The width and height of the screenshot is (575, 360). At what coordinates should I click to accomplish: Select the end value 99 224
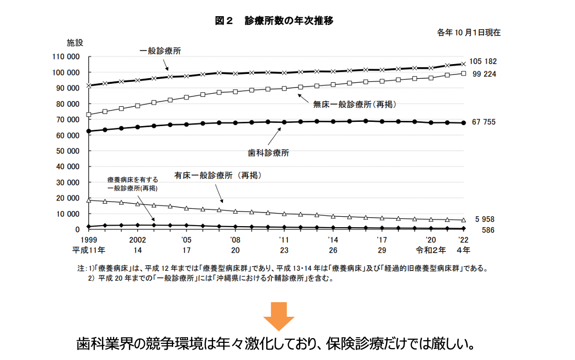pyautogui.click(x=484, y=74)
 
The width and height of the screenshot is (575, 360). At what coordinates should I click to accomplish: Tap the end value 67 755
pyautogui.click(x=484, y=122)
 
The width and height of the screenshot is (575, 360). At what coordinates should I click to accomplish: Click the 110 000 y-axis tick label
pyautogui.click(x=66, y=57)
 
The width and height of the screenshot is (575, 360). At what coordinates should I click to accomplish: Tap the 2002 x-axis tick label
pyautogui.click(x=137, y=240)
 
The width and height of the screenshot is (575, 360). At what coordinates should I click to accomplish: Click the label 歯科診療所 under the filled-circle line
pyautogui.click(x=269, y=153)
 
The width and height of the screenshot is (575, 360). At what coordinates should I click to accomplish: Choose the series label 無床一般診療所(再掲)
pyautogui.click(x=355, y=104)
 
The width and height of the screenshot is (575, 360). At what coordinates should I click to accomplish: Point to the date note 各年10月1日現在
pyautogui.click(x=469, y=32)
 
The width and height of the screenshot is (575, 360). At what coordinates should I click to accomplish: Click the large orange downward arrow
pyautogui.click(x=278, y=316)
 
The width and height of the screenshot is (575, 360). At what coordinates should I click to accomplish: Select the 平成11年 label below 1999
pyautogui.click(x=89, y=250)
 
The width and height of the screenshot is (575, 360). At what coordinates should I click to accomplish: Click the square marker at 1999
pyautogui.click(x=89, y=115)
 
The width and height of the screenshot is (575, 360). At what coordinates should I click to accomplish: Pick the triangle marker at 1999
pyautogui.click(x=89, y=200)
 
